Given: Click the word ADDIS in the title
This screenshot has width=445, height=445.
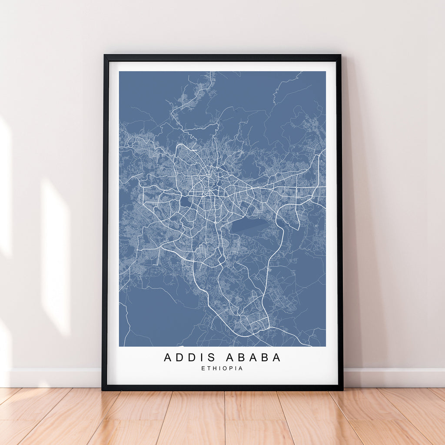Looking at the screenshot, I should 189,358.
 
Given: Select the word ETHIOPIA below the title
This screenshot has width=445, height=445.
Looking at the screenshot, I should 222,369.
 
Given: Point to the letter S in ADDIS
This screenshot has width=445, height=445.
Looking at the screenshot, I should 212,358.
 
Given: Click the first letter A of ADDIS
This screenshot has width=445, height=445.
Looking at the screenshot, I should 168,358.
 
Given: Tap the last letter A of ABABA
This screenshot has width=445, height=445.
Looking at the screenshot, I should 276,358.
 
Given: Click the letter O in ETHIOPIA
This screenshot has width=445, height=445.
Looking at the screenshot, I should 225,369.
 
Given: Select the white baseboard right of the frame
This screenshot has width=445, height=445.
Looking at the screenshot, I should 393,377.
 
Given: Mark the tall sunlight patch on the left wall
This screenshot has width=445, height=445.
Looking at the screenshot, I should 56,256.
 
